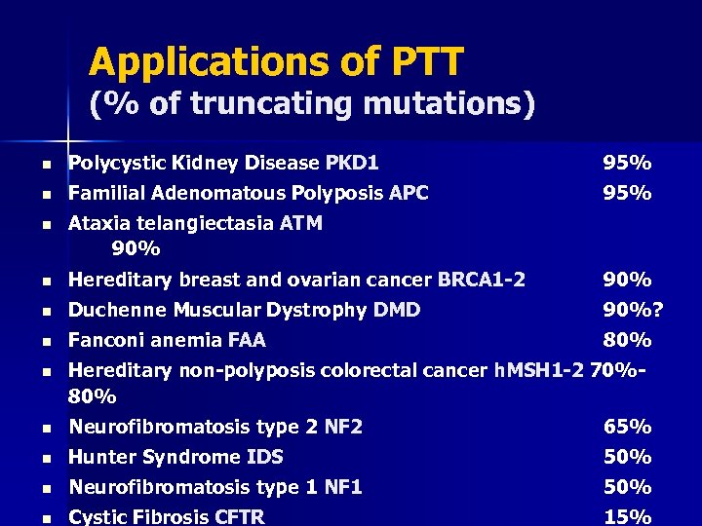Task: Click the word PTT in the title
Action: [413, 63]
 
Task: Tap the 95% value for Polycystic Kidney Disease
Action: [627, 163]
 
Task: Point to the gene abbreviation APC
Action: [409, 193]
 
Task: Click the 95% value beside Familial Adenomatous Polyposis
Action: [627, 193]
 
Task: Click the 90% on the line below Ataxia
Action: [136, 248]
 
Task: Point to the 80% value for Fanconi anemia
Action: [627, 341]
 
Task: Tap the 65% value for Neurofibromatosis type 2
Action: [627, 427]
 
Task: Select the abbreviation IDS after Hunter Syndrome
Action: [263, 457]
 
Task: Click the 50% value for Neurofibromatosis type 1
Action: [627, 487]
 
